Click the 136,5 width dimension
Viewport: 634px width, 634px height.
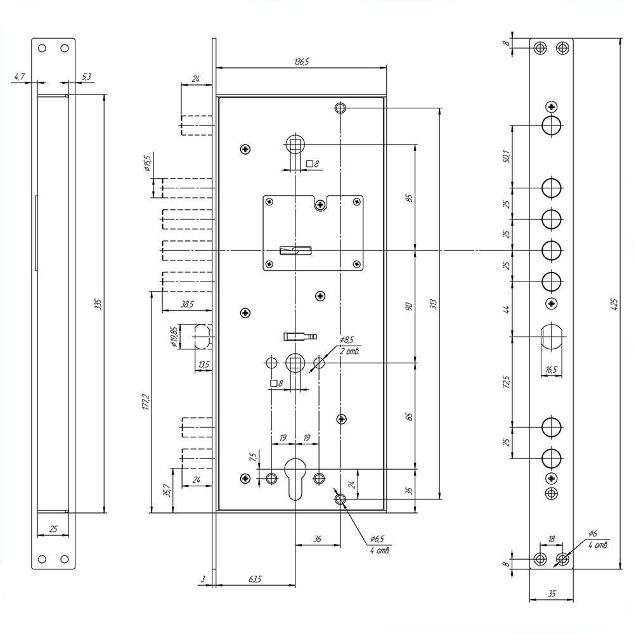click(302, 62)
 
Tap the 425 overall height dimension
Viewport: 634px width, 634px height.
click(614, 304)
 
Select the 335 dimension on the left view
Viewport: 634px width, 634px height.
click(98, 304)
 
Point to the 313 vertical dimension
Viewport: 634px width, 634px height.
click(433, 304)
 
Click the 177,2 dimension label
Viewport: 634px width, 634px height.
click(146, 403)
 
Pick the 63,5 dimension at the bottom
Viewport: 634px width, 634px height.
click(255, 579)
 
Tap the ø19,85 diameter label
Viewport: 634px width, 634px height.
click(173, 337)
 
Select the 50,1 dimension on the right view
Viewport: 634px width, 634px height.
click(506, 156)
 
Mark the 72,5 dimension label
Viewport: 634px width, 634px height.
click(506, 381)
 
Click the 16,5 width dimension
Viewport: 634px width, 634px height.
click(551, 370)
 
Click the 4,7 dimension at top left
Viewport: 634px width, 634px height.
click(20, 77)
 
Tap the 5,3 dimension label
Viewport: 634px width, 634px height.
click(86, 77)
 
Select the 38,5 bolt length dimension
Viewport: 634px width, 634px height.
click(187, 304)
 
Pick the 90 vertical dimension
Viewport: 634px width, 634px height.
click(409, 306)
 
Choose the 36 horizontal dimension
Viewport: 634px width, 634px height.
click(318, 538)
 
